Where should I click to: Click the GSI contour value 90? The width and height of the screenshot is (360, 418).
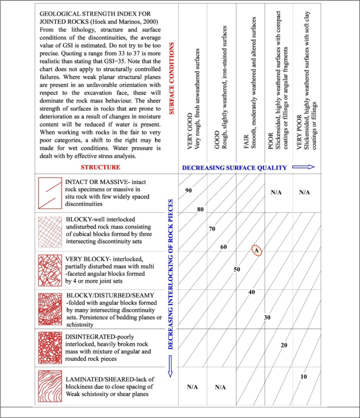(188, 190)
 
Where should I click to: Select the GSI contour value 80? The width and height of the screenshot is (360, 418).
(200, 209)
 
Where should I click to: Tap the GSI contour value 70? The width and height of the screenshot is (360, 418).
(212, 229)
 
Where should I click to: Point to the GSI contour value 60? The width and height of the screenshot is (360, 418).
(223, 247)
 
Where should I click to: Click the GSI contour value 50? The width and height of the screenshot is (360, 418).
(237, 269)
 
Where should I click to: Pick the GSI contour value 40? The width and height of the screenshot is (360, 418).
(252, 292)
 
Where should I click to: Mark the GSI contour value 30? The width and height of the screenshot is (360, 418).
(268, 318)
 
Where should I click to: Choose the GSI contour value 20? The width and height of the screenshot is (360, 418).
(284, 345)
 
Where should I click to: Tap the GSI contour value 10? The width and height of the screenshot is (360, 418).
(303, 377)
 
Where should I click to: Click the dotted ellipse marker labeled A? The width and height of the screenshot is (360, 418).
(256, 251)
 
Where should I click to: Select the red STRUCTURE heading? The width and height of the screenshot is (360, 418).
(100, 167)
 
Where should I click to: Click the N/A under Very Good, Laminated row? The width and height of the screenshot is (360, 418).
(192, 387)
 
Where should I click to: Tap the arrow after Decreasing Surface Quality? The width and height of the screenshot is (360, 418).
(307, 167)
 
